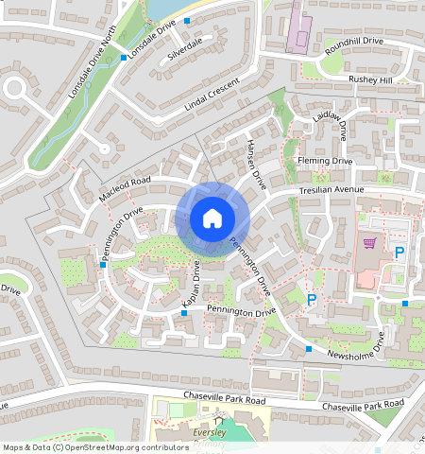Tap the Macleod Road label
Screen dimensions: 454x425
pyautogui.click(x=124, y=188)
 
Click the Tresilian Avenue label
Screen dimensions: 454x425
pyautogui.click(x=331, y=190)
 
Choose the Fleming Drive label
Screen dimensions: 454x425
pyautogui.click(x=324, y=162)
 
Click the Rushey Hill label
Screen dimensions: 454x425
pyautogui.click(x=369, y=80)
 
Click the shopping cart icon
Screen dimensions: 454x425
pyautogui.click(x=370, y=243)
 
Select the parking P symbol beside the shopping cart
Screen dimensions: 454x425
pyautogui.click(x=399, y=253)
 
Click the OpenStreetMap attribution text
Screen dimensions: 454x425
pyautogui.click(x=95, y=447)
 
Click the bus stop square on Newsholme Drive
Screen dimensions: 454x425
pyautogui.click(x=308, y=350)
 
